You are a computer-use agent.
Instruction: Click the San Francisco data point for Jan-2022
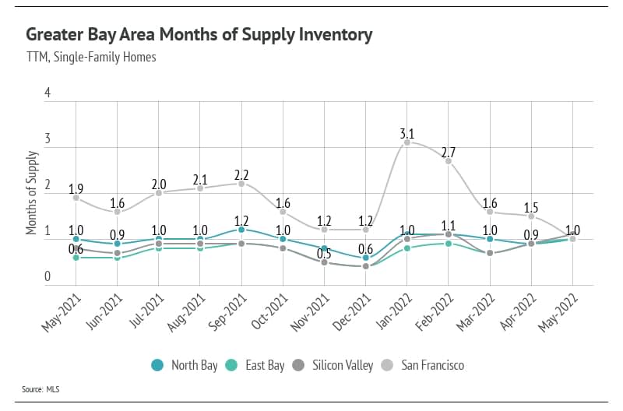point(407,142)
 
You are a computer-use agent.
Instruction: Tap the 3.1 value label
point(407,133)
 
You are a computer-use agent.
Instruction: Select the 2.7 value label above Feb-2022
point(449,151)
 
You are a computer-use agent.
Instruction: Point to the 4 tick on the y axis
point(48,93)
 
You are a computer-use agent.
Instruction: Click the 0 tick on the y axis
point(48,276)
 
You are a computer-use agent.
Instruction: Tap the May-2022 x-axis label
point(558,311)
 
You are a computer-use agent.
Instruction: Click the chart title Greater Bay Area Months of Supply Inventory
point(199,35)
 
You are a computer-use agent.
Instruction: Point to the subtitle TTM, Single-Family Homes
point(91,58)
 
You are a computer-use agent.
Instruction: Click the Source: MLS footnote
point(43,388)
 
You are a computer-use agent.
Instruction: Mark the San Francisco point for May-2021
point(76,198)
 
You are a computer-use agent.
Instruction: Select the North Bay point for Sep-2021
point(241,230)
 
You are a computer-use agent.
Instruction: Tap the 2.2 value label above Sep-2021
point(241,174)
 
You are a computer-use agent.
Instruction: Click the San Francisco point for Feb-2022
point(449,161)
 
